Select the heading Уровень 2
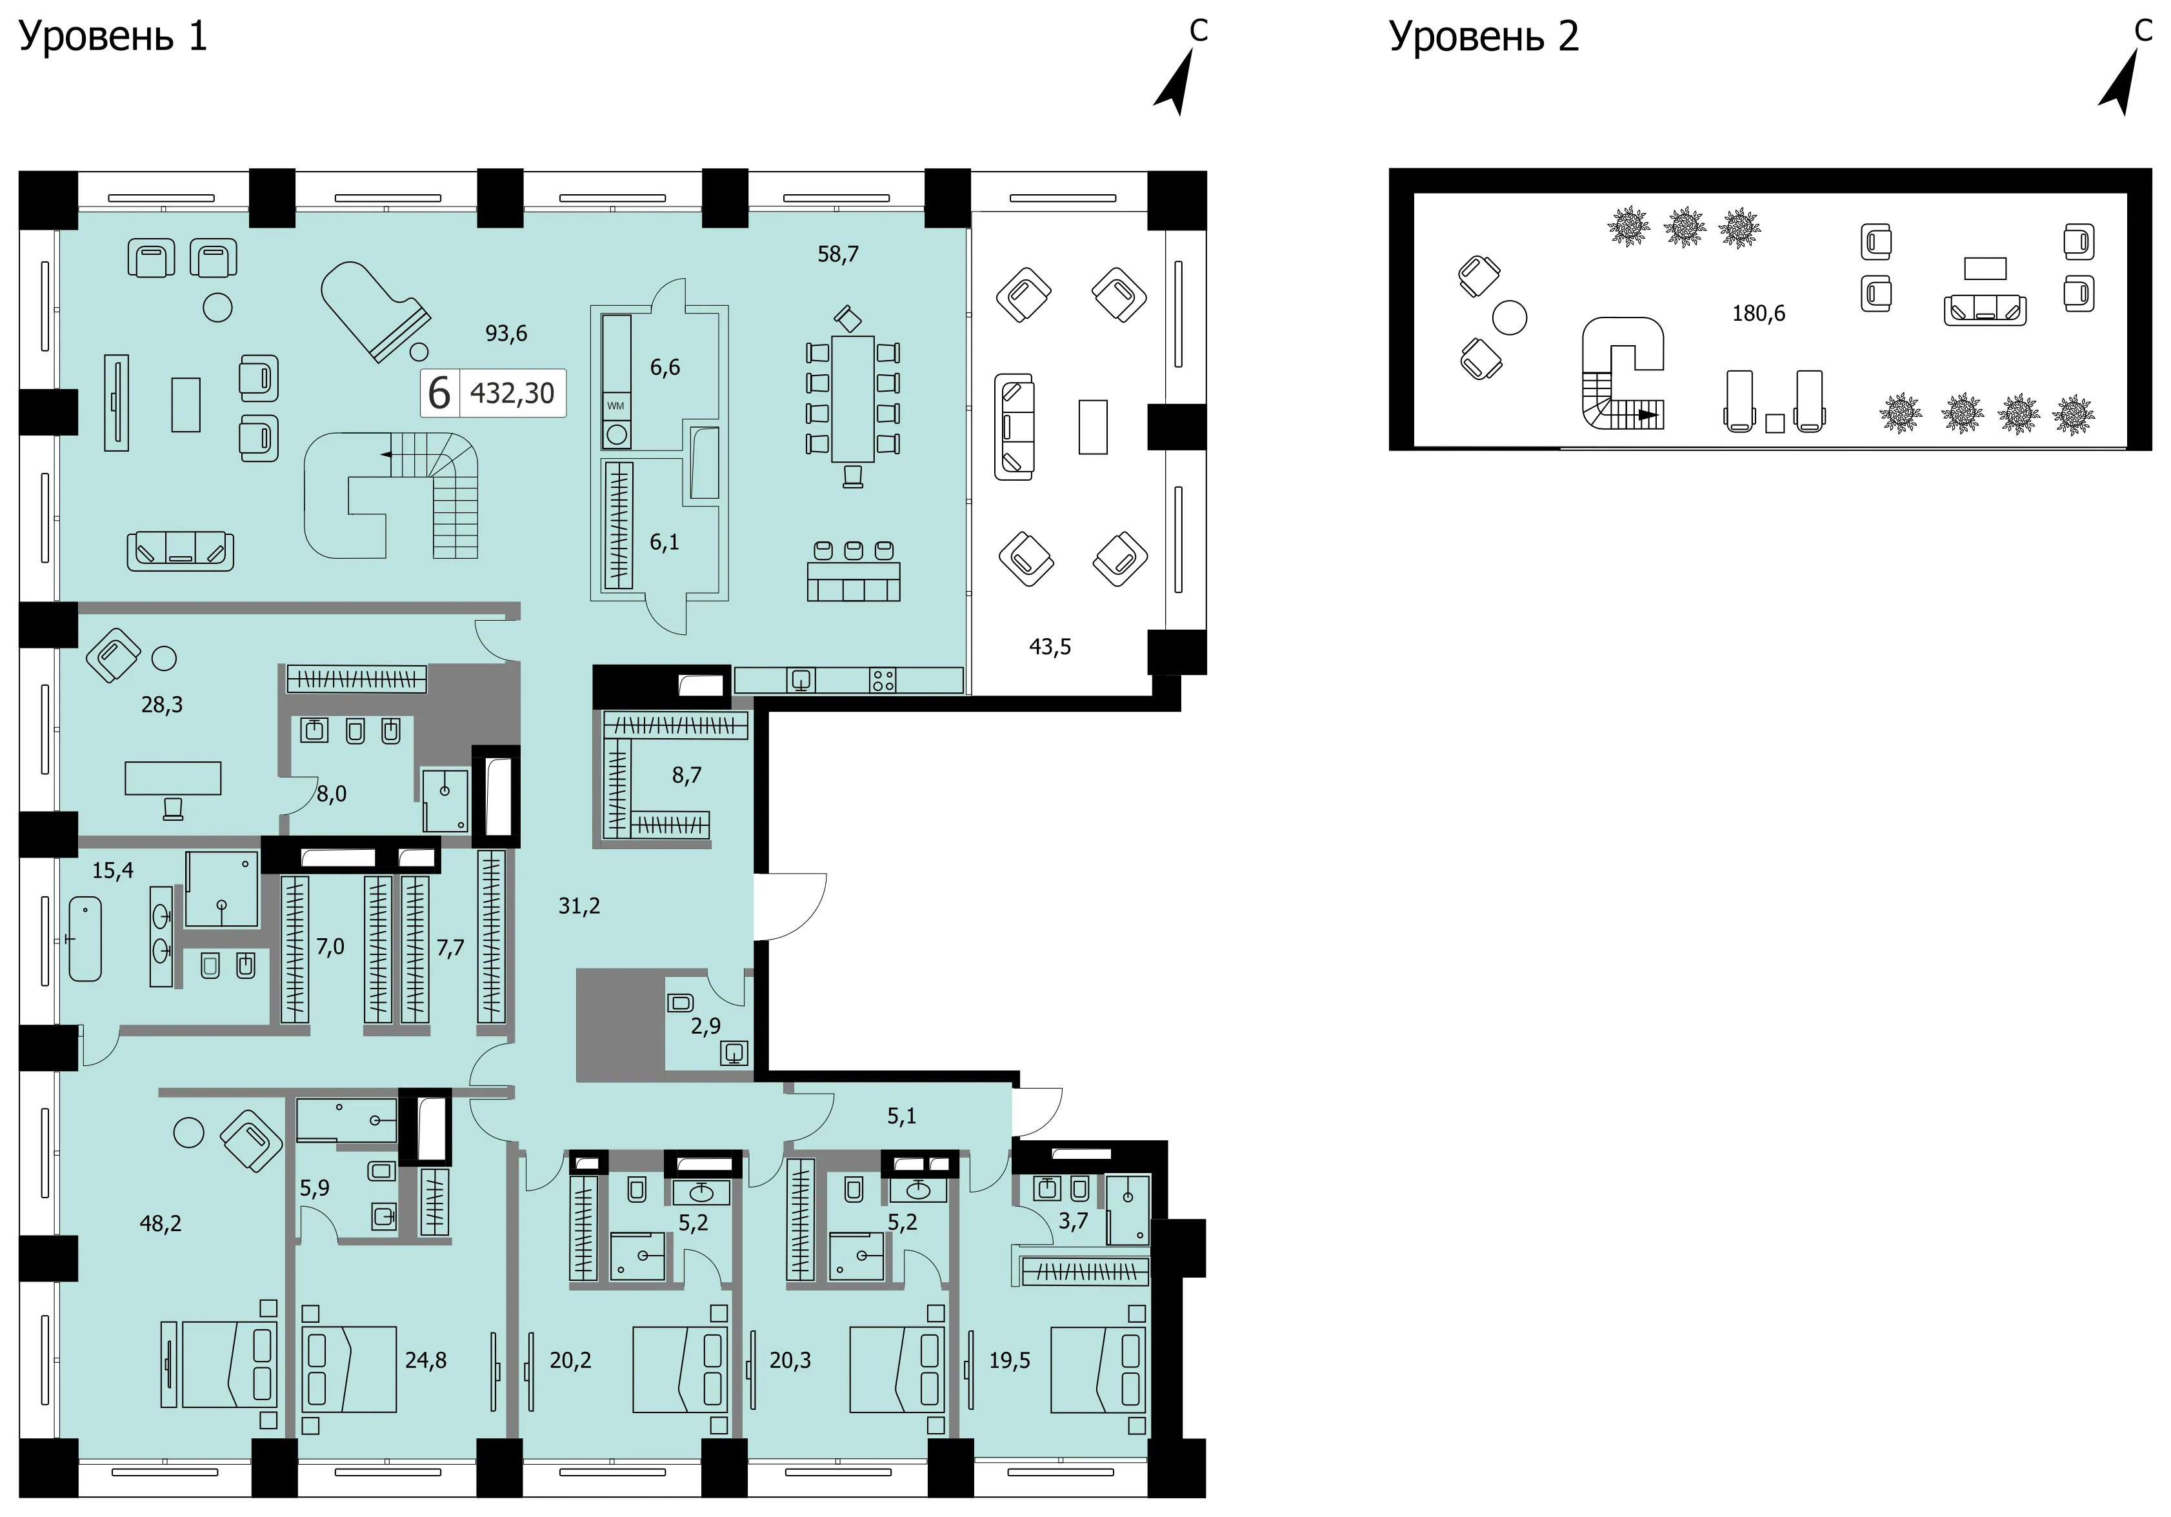[x=1484, y=37]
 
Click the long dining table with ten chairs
[x=853, y=398]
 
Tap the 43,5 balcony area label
[x=1050, y=647]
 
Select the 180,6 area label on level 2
[x=1759, y=313]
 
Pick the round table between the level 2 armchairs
[x=1509, y=317]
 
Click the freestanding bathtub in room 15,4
[x=85, y=938]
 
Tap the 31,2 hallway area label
[x=579, y=906]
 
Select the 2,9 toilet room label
[x=705, y=1026]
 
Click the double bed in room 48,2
[x=229, y=1365]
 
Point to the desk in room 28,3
[x=173, y=778]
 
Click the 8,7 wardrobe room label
[x=686, y=776]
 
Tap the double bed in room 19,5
[x=1099, y=1369]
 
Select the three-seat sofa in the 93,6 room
[x=181, y=552]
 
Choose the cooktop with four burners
[x=883, y=680]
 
